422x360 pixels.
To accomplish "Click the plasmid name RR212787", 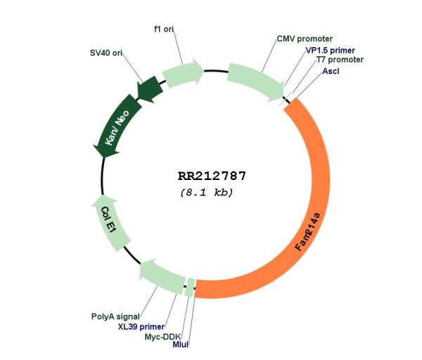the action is pos(212,176).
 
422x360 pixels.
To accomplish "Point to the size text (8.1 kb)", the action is pos(207,193).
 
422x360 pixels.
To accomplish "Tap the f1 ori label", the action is pos(164,29).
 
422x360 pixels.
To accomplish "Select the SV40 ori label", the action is pos(106,53).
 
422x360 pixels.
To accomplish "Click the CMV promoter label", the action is pos(305,39).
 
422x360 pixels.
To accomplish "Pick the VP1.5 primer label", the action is pos(331,51).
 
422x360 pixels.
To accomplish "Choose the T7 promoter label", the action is pos(340,60).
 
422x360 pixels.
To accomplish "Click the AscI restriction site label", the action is pos(331,71).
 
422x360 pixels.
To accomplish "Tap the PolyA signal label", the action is pos(115,316).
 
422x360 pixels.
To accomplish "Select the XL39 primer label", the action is pos(141,327).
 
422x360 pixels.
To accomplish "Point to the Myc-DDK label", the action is pos(163,337).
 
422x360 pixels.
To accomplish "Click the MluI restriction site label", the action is pos(180,345).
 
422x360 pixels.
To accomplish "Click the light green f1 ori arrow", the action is pos(183,73).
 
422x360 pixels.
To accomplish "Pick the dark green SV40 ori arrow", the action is pos(150,89).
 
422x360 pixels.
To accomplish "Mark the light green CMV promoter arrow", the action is pos(256,82).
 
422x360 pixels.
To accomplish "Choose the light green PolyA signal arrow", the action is pos(162,276).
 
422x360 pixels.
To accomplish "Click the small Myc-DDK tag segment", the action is pos(191,288).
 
